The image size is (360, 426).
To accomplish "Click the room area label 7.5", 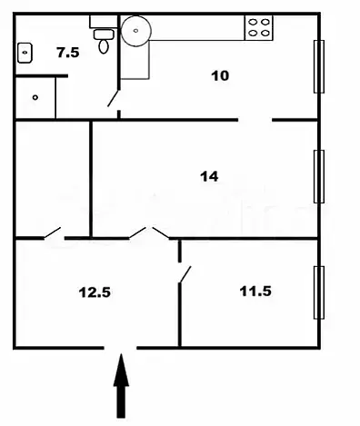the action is (x=68, y=53).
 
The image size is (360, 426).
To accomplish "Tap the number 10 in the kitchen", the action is (x=220, y=75).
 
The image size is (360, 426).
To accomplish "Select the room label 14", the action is (x=209, y=176).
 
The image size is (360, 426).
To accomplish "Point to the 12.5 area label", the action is (x=95, y=292).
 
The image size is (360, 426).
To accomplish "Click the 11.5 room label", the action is (x=255, y=292).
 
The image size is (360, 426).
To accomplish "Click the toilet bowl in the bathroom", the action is (x=104, y=46).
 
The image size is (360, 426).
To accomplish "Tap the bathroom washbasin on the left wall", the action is (x=25, y=53).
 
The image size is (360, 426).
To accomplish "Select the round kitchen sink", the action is (x=136, y=31).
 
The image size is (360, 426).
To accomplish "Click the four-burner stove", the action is (x=259, y=27).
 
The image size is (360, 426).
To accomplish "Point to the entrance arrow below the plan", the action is (x=121, y=386).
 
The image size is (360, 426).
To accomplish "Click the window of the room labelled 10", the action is (x=319, y=66).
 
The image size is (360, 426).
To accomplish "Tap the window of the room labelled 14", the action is (x=319, y=176).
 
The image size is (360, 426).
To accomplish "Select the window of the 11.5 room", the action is (x=319, y=292).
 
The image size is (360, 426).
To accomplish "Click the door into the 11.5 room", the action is (x=185, y=274).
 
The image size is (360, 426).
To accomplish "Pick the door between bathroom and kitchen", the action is (x=114, y=98).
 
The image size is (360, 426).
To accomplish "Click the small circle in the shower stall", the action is (x=35, y=97).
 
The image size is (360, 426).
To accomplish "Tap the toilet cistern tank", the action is (x=104, y=22).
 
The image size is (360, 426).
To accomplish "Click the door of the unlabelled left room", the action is (x=53, y=233).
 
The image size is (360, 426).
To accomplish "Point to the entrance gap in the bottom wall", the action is (x=120, y=348).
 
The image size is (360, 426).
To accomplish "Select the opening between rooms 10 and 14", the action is (x=255, y=120).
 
